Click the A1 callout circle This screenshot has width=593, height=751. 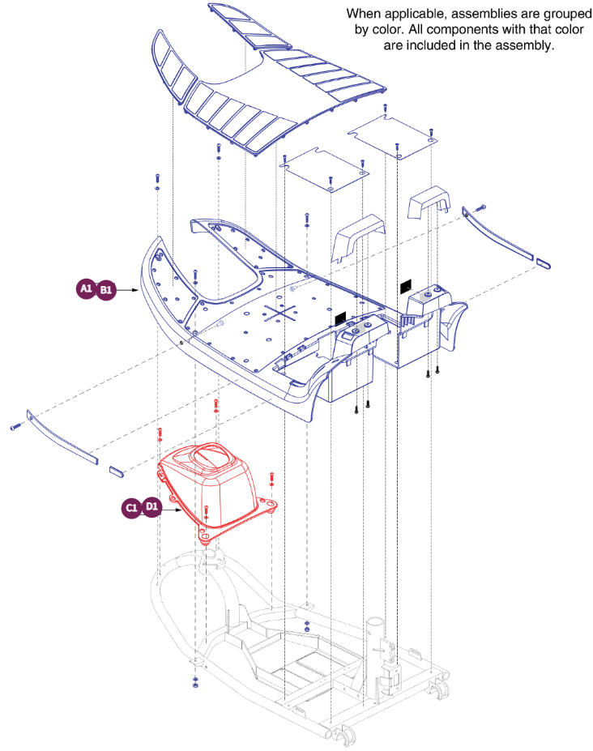(x=87, y=288)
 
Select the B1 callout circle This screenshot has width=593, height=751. (x=106, y=288)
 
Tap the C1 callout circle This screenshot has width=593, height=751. (x=132, y=508)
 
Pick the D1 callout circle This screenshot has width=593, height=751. (x=151, y=508)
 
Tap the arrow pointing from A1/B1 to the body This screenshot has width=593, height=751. (x=130, y=288)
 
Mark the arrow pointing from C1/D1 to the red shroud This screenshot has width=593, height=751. (x=174, y=508)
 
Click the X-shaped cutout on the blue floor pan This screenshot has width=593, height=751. (x=278, y=312)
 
